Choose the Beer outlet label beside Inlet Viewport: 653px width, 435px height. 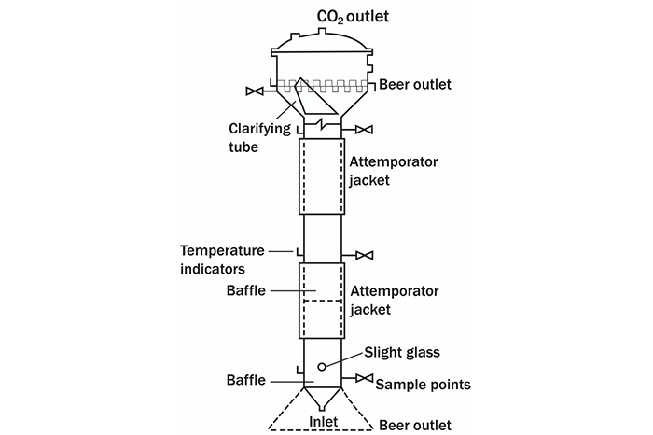pyautogui.click(x=416, y=425)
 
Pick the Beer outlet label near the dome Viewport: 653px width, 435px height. pyautogui.click(x=415, y=85)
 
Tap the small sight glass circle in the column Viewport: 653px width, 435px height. pyautogui.click(x=321, y=365)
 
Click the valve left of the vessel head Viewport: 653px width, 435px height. pyautogui.click(x=254, y=91)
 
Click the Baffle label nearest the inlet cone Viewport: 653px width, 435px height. pyautogui.click(x=247, y=380)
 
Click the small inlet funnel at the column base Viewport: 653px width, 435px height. pyautogui.click(x=321, y=400)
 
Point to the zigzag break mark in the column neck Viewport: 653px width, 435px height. pyautogui.click(x=321, y=124)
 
